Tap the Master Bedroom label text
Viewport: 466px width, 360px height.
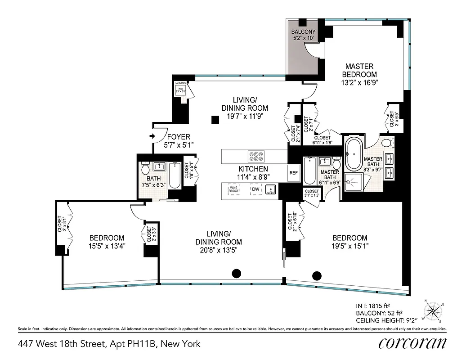[x=359, y=74]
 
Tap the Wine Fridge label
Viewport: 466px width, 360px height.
[x=233, y=190]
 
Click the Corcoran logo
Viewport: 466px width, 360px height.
[x=412, y=343]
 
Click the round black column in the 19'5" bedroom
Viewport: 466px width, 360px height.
[x=317, y=275]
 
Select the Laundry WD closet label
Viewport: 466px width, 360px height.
[x=180, y=86]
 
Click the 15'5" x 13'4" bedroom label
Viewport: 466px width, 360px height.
[x=106, y=242]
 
